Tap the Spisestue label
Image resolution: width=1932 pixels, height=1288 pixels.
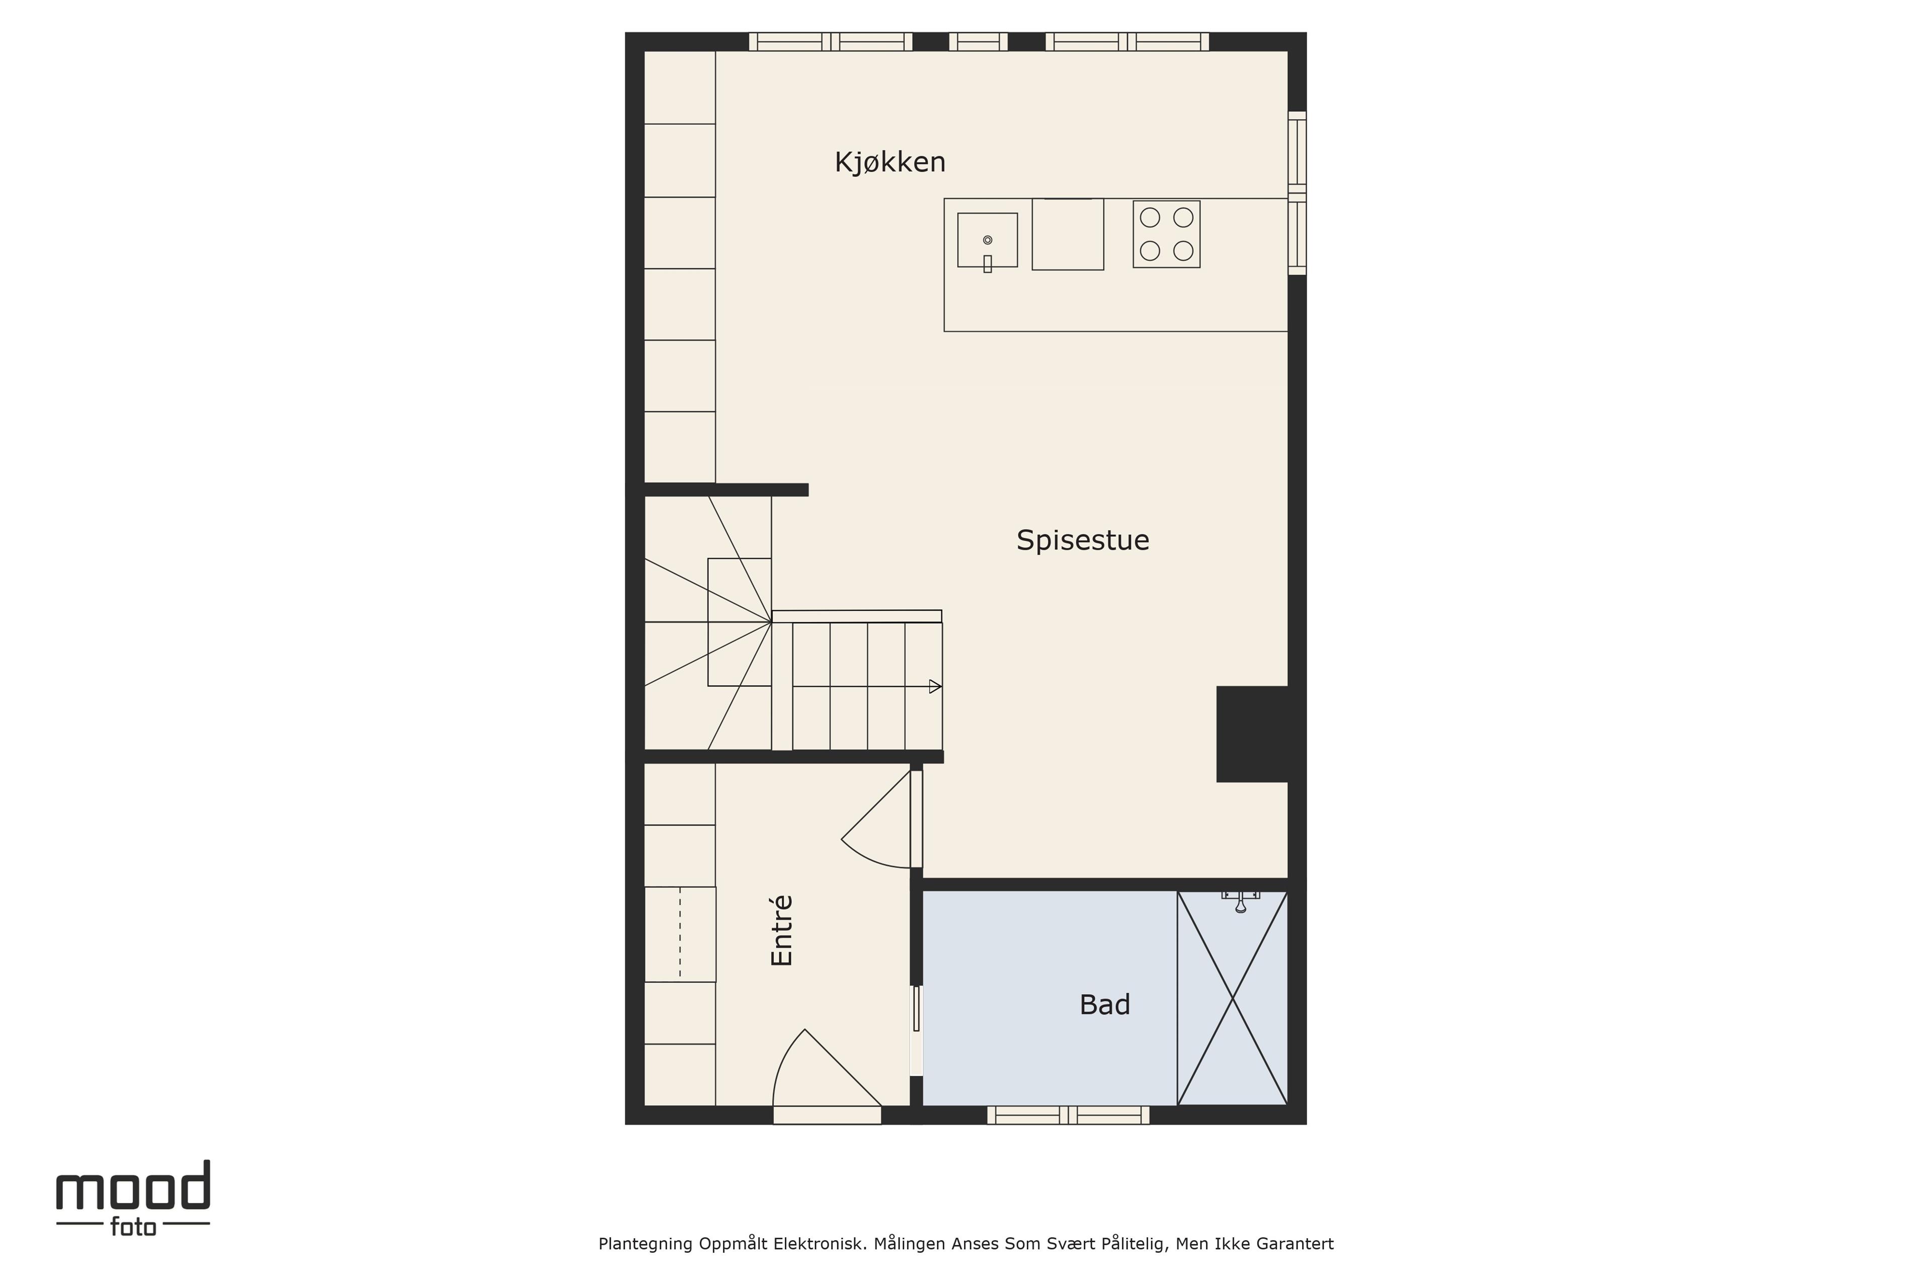pos(1083,540)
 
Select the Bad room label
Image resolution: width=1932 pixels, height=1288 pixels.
pos(1105,1005)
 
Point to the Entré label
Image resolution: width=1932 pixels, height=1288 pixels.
pos(782,931)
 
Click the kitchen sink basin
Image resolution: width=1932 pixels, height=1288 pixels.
pos(987,240)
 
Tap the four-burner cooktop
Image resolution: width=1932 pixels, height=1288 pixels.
pos(1166,234)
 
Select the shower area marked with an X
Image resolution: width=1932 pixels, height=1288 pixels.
pos(1232,998)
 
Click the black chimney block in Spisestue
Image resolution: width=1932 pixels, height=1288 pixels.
pos(1252,734)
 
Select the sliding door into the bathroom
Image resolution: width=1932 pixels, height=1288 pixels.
pos(917,1030)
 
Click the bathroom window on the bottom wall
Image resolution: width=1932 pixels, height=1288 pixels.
pos(1068,1115)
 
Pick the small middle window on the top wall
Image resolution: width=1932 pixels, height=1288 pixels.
pos(978,41)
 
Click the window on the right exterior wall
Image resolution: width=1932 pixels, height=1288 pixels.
pos(1297,193)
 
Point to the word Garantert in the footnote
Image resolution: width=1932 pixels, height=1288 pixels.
pos(1295,1244)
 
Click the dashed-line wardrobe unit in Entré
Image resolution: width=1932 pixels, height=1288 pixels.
pos(680,934)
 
